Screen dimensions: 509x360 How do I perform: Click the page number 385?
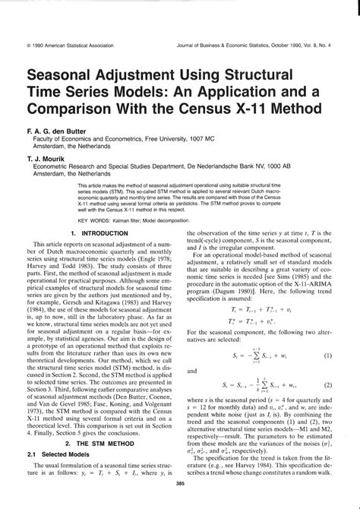click(x=180, y=501)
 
